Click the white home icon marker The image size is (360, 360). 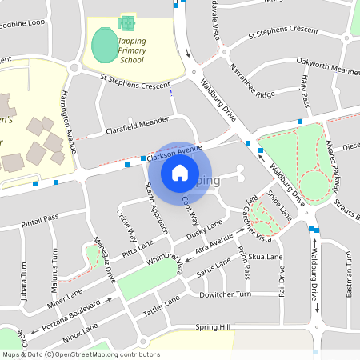point(180,172)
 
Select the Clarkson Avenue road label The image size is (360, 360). point(174,154)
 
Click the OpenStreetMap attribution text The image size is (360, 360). point(81,354)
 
